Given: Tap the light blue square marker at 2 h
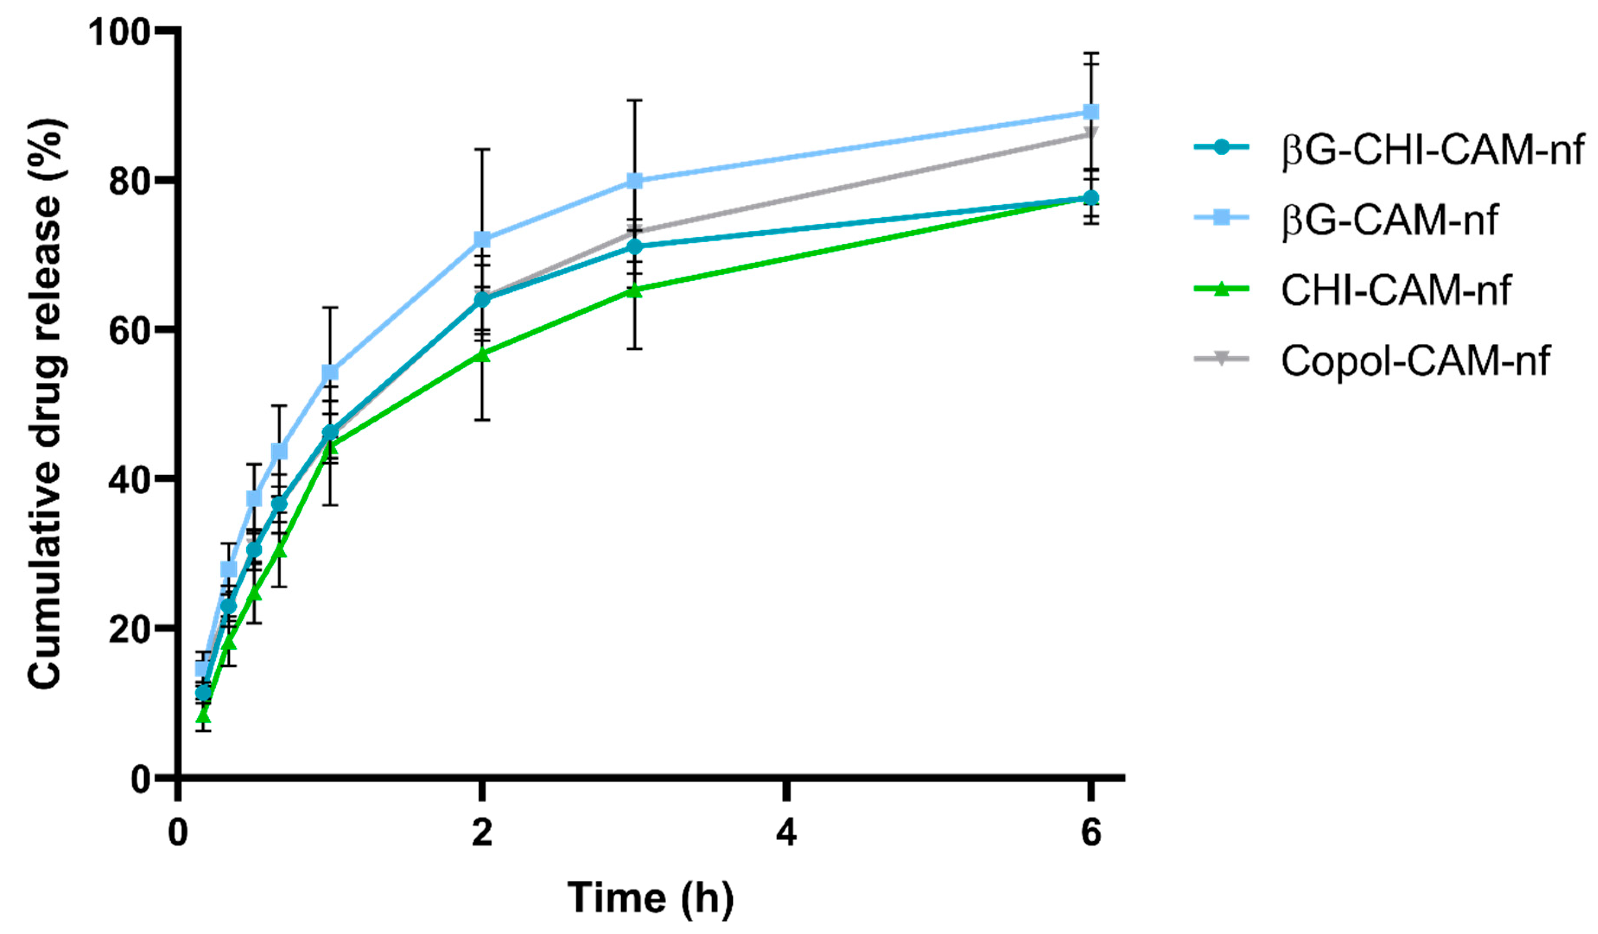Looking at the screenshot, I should point(482,239).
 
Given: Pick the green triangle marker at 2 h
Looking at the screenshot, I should point(482,355).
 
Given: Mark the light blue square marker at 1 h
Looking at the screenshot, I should point(330,372).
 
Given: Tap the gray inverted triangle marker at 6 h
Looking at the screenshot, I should point(1091,133).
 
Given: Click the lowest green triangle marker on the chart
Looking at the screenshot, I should point(203,717).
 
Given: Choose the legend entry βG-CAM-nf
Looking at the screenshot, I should point(1389,219).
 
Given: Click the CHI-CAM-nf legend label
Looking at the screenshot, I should point(1395,290).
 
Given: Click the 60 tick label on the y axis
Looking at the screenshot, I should point(130,330).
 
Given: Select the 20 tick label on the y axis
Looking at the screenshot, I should point(130,629).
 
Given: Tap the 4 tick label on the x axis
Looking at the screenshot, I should point(786,832).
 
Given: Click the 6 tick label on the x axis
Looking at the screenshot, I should point(1091,832).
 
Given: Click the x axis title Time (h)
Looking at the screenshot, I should point(651,897).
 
